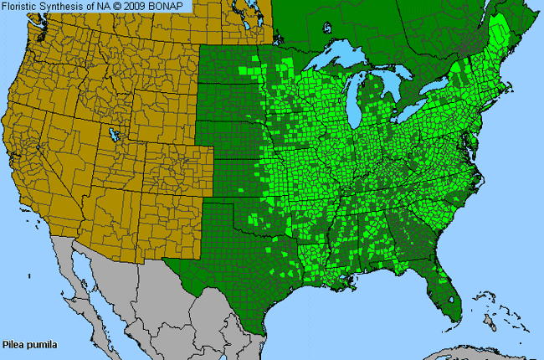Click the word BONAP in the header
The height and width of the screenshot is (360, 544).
click(x=172, y=6)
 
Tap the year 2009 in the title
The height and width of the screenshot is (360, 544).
click(x=142, y=6)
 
